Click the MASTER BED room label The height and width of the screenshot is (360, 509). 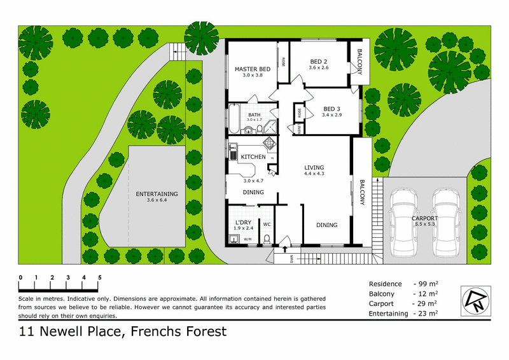click(253, 68)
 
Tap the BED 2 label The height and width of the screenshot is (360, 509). click(318, 60)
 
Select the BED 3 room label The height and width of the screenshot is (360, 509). click(332, 108)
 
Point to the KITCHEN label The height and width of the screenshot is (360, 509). click(253, 156)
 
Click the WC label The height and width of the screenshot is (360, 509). click(267, 225)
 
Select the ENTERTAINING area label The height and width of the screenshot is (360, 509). click(157, 193)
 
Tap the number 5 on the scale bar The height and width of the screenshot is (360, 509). click(100, 278)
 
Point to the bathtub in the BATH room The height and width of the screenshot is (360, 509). click(234, 118)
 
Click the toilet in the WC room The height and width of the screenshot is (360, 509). click(268, 239)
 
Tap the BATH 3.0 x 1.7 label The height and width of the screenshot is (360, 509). click(254, 117)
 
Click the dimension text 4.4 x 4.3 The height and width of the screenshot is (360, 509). click(314, 174)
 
